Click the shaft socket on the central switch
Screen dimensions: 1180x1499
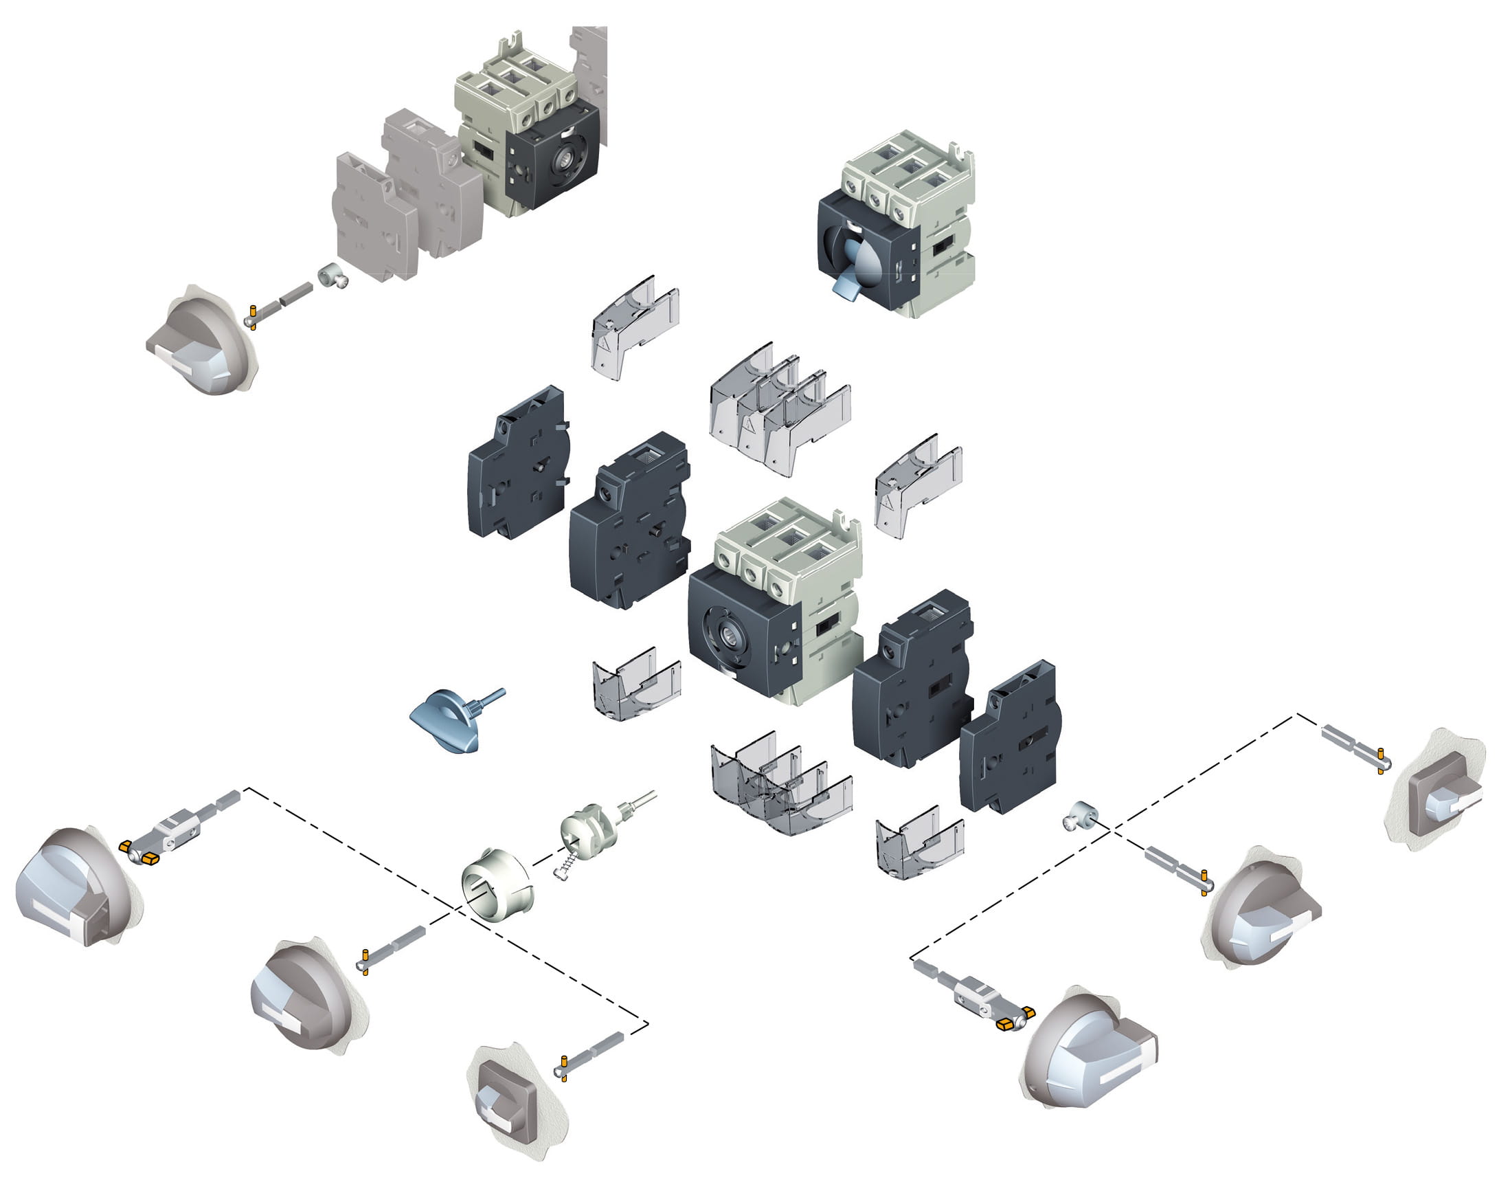coord(727,631)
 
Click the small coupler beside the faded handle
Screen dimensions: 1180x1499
coord(331,276)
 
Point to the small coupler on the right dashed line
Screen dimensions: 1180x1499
coord(1080,816)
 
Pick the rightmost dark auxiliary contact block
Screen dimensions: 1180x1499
coord(1009,739)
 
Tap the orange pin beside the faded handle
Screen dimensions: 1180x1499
coord(253,316)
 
